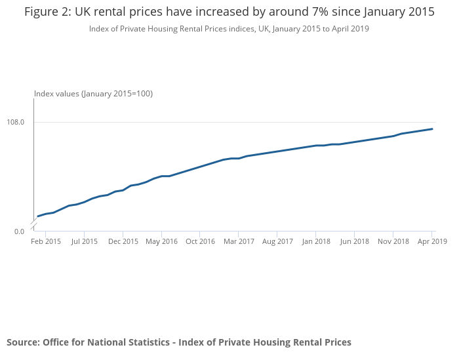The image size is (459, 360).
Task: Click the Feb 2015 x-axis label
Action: (x=46, y=241)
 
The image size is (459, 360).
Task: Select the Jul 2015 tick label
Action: (x=84, y=241)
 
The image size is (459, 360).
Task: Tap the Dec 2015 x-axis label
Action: (x=123, y=241)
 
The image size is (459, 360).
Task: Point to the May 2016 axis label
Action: (x=161, y=241)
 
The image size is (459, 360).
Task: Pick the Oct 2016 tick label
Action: (x=200, y=241)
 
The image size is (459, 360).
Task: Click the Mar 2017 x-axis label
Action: (x=239, y=241)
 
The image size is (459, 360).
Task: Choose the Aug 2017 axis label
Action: (x=277, y=241)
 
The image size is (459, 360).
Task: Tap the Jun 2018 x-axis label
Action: (x=354, y=241)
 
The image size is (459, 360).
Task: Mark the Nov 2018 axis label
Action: (x=393, y=241)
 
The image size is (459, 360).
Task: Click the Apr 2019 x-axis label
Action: (x=431, y=241)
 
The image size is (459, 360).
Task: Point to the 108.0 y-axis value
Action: (x=16, y=122)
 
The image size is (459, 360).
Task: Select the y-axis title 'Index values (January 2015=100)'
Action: (x=93, y=94)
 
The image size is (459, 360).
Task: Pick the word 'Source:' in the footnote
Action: (x=23, y=342)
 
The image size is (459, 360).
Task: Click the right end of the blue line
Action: (x=432, y=129)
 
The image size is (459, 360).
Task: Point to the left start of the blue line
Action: (x=38, y=216)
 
